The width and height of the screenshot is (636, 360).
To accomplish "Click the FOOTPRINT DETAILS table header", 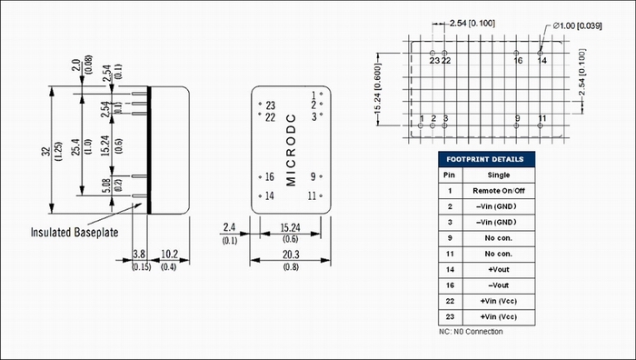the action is [x=486, y=159].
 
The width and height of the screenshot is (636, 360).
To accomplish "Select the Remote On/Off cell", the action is [x=499, y=191].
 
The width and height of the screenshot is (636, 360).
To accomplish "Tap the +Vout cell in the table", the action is [x=499, y=269].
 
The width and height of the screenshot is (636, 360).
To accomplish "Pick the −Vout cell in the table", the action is [x=499, y=285].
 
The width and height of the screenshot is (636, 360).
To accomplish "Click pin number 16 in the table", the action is [x=450, y=285].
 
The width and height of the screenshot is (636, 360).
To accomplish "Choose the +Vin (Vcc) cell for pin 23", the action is [x=499, y=317].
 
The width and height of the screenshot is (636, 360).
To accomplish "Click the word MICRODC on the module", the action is [x=291, y=150].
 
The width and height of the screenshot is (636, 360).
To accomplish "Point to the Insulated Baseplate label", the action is [x=75, y=233].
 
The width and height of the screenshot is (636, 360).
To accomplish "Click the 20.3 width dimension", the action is [x=291, y=255].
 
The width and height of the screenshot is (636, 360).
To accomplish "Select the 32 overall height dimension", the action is [x=47, y=151].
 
